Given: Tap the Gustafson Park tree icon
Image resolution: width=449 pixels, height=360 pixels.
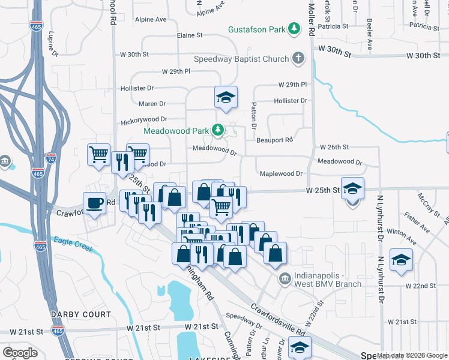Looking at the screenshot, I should point(294,28).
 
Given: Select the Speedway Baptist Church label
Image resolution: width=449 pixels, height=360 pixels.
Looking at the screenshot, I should point(241,59).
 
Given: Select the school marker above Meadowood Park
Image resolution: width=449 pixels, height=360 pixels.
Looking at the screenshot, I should point(226,97).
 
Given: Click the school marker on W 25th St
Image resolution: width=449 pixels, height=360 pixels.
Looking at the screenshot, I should point(353,188).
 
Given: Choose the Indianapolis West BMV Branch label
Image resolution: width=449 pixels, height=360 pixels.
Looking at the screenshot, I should point(328,280).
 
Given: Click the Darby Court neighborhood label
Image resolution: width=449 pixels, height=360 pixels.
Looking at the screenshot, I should point(81,314).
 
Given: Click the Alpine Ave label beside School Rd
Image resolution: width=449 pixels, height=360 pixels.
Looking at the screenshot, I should point(151,20).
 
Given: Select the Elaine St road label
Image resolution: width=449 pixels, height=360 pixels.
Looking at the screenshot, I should point(190,36).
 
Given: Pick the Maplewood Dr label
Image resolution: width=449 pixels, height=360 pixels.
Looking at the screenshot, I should point(281,174).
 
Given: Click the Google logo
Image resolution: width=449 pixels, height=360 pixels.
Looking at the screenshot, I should point(20,352).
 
